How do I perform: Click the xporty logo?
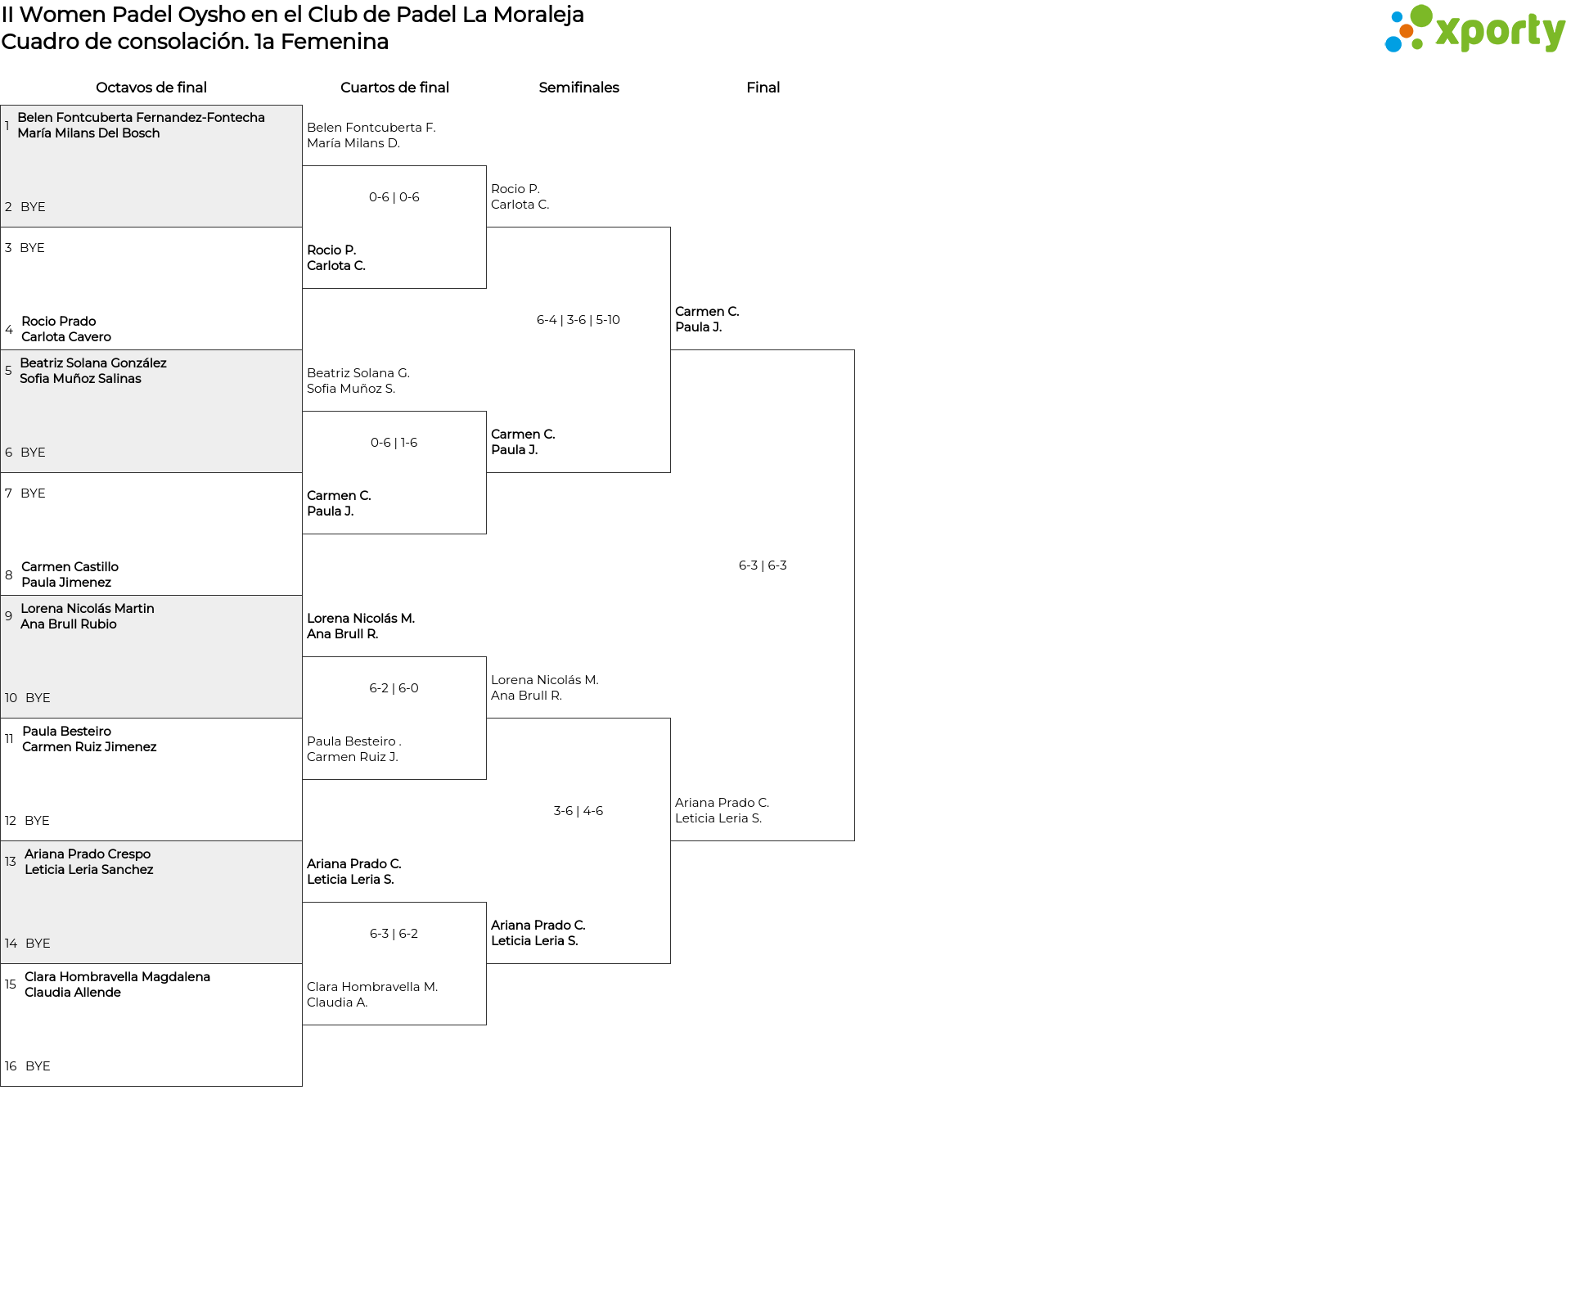tap(1474, 29)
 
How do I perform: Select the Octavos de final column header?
tap(151, 88)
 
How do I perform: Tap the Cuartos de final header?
tap(394, 88)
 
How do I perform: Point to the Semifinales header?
tap(578, 88)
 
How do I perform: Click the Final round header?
tap(763, 88)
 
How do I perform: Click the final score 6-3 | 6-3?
tap(763, 565)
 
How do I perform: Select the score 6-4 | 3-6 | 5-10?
tap(578, 320)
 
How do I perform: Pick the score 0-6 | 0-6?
tap(394, 197)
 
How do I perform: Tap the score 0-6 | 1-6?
tap(394, 443)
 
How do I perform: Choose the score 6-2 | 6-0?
tap(394, 688)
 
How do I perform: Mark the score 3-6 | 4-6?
tap(578, 811)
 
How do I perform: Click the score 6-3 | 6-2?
tap(394, 934)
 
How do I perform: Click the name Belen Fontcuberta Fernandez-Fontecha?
tap(142, 118)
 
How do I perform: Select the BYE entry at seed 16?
tap(38, 1066)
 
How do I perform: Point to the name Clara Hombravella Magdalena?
tap(117, 977)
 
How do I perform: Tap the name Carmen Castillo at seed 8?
tap(70, 567)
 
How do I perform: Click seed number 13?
tap(11, 862)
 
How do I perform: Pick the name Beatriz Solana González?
tap(93, 363)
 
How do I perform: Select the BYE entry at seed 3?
tap(32, 248)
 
